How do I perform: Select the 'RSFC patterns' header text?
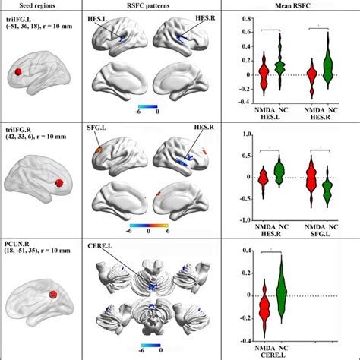click(x=154, y=7)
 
